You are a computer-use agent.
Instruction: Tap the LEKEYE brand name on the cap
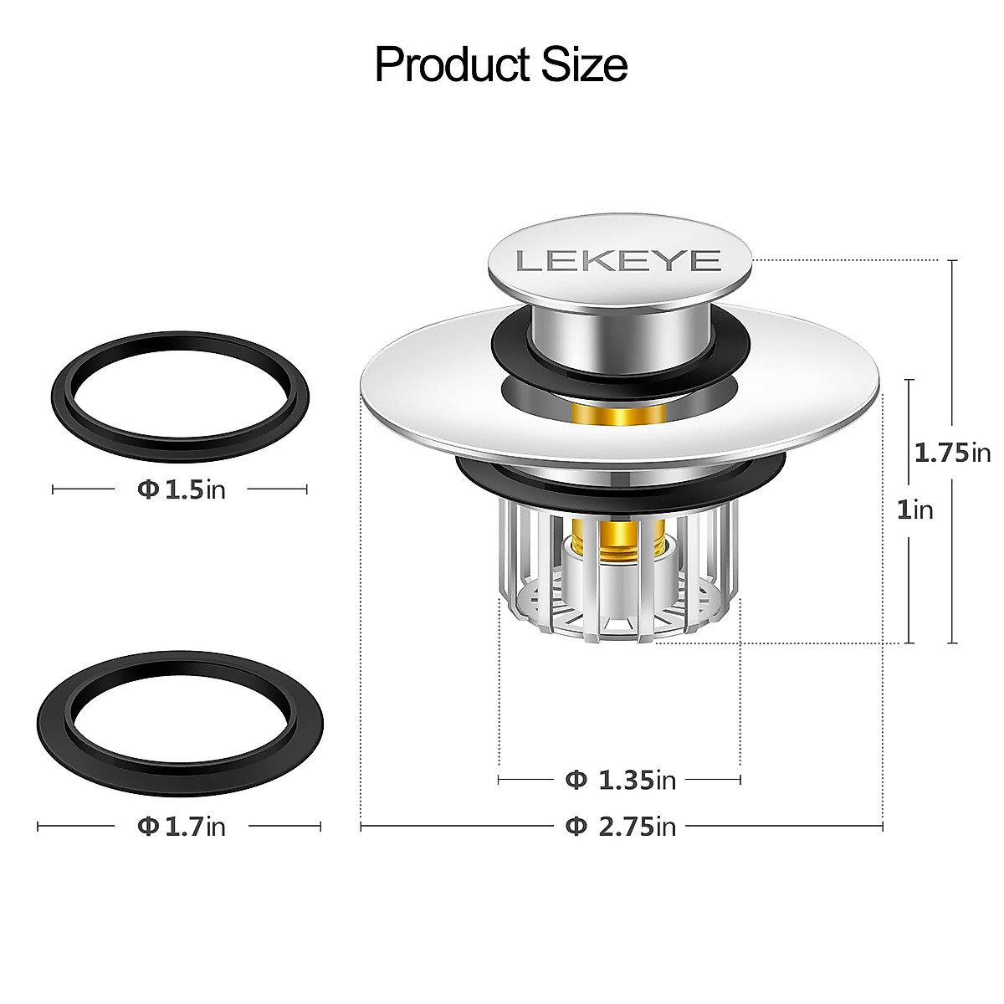coord(618,261)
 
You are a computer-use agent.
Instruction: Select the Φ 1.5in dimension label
coord(181,489)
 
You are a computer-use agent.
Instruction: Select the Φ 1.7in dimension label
coord(181,827)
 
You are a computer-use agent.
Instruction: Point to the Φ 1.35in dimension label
coord(620,781)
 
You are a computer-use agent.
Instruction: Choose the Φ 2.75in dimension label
coord(620,827)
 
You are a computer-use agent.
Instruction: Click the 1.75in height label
coord(952,453)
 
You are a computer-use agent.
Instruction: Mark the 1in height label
coord(914,510)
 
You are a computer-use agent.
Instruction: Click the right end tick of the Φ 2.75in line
coord(883,827)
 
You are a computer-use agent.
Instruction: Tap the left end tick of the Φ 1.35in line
coord(499,781)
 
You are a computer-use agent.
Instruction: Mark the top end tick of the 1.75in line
coord(952,261)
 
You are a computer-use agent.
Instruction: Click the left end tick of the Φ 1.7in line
coord(38,827)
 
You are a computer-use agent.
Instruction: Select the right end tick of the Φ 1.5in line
coord(306,489)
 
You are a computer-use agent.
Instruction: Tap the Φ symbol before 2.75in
coord(575,827)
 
